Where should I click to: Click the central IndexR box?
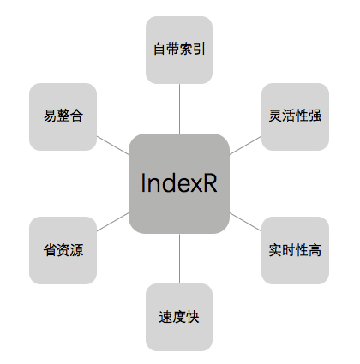[179, 183]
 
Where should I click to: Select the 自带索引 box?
[179, 50]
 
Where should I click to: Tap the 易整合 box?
[63, 116]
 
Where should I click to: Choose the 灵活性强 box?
[295, 116]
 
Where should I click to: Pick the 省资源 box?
[63, 250]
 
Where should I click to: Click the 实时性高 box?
[295, 250]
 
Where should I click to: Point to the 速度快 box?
[179, 317]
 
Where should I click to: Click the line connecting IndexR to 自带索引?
[179, 109]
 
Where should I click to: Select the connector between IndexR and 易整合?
[112, 146]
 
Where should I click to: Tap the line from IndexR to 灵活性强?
[246, 146]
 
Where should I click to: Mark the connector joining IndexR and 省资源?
[112, 222]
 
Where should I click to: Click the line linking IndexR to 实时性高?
[246, 222]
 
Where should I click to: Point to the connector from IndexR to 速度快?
[179, 259]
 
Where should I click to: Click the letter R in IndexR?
[210, 183]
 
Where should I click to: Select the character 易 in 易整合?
[50, 116]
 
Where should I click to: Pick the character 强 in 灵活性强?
[315, 116]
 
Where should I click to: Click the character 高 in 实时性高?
[315, 250]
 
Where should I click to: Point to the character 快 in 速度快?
[192, 317]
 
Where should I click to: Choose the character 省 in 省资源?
[50, 250]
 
